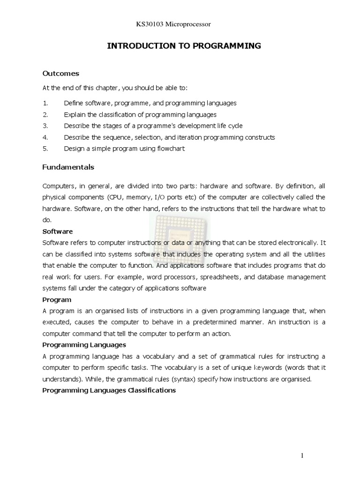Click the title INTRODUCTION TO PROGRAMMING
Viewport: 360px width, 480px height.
pyautogui.click(x=184, y=45)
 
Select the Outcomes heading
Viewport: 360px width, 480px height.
pyautogui.click(x=61, y=74)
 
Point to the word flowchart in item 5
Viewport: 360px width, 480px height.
pyautogui.click(x=171, y=149)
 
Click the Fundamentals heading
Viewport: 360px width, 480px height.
pyautogui.click(x=68, y=167)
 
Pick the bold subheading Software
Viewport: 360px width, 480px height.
pyautogui.click(x=58, y=231)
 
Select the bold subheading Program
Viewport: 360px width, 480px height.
pyautogui.click(x=57, y=300)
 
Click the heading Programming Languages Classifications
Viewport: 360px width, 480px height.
pyautogui.click(x=109, y=390)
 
